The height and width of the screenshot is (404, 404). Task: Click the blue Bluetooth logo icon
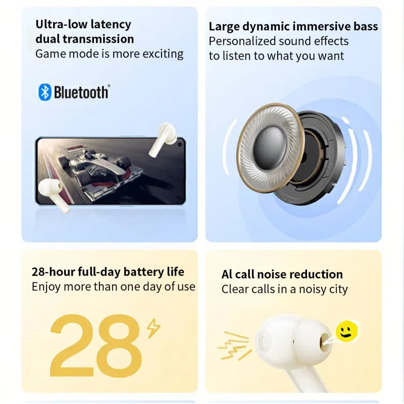point(44,92)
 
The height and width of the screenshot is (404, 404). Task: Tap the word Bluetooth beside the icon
point(81,92)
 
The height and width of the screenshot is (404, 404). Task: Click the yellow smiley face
point(347,331)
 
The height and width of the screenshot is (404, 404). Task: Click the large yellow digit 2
point(71,345)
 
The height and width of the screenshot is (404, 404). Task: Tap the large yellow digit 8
point(119,345)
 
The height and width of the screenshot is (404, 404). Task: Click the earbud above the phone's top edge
point(163,139)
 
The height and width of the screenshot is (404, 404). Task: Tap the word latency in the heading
point(111,25)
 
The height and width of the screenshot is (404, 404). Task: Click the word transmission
point(98,39)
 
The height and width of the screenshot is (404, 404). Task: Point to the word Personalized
point(242,41)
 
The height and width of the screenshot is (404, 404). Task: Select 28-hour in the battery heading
point(53,272)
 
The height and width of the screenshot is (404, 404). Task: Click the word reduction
point(319,274)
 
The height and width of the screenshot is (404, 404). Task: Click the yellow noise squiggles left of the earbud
point(234,345)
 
